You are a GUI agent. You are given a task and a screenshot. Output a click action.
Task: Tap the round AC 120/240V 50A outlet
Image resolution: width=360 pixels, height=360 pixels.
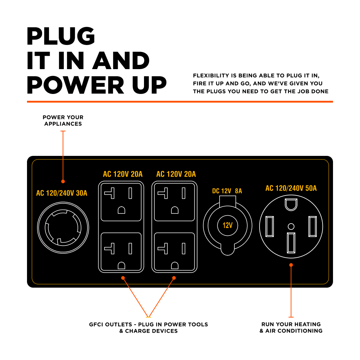291,227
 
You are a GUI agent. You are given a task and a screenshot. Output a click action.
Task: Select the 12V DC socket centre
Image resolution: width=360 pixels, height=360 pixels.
228,226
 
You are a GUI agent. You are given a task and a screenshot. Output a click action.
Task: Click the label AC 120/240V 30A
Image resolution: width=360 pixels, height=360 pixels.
62,193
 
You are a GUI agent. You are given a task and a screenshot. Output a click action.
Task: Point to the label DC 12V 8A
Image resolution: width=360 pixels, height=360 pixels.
227,191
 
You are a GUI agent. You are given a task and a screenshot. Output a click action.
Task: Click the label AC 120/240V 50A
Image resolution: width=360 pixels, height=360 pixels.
291,188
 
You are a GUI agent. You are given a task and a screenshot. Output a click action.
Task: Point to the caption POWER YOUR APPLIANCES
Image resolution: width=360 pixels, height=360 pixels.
63,121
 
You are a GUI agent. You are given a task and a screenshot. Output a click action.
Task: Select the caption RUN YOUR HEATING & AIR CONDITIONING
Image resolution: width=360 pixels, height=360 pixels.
291,328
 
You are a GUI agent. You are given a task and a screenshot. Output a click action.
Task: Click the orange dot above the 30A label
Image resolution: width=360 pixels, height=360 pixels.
63,181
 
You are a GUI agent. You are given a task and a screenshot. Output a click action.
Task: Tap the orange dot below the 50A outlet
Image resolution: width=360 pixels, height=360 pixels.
291,265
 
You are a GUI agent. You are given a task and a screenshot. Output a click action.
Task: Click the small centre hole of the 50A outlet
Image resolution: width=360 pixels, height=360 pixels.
291,226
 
